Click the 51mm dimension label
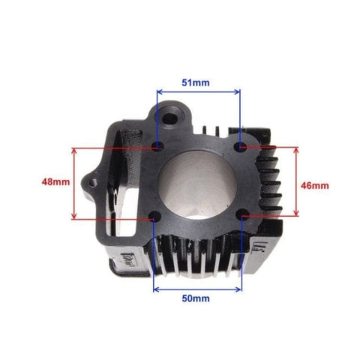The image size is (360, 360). click(x=196, y=82)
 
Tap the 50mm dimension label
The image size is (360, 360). click(x=196, y=298)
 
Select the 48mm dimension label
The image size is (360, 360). click(x=55, y=181)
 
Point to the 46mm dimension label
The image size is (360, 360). click(x=315, y=185)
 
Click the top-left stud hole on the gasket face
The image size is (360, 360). click(x=158, y=145)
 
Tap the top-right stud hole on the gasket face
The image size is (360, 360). click(x=240, y=146)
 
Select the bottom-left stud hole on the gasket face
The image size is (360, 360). click(x=154, y=215)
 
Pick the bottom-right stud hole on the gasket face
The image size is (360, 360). click(x=242, y=215)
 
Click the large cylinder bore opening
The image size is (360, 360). click(x=197, y=185)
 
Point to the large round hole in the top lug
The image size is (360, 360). click(x=170, y=118)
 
